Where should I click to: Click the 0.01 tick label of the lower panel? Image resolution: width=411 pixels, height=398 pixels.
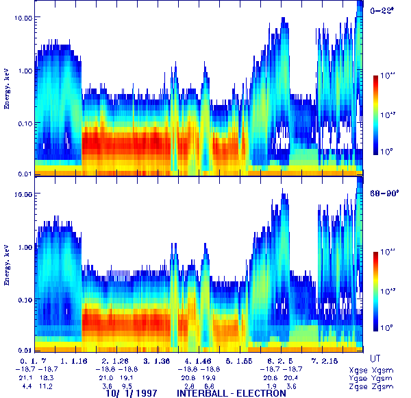click(x=26, y=349)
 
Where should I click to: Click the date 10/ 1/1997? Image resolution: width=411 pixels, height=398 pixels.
click(x=130, y=393)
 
